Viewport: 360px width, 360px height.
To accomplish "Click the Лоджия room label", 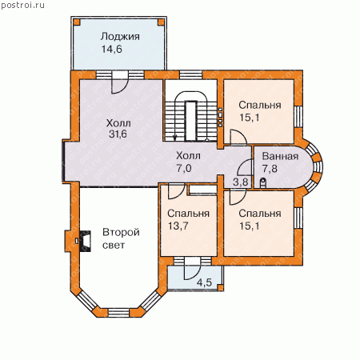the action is click(x=120, y=37).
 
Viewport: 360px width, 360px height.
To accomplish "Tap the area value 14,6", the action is click(x=112, y=49).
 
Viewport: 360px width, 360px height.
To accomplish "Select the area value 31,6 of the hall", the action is click(x=118, y=134).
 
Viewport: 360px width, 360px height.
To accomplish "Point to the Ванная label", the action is click(x=280, y=156).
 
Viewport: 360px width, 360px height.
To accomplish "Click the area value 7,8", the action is click(x=270, y=169).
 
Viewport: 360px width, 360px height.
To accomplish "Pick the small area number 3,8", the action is click(x=241, y=182).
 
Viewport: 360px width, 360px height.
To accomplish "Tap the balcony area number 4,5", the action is click(x=204, y=282).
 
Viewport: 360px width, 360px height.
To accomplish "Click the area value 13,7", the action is click(x=178, y=226).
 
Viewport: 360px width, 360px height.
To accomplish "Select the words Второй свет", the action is click(x=121, y=238).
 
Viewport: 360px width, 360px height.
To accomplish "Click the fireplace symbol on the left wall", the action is click(x=85, y=241).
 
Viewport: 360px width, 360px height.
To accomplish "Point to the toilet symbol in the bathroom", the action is click(x=263, y=182).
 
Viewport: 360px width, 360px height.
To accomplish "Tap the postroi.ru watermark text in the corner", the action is click(x=22, y=5).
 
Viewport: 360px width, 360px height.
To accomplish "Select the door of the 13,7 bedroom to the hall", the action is click(x=176, y=191).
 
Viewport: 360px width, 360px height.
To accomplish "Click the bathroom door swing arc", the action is click(x=245, y=166).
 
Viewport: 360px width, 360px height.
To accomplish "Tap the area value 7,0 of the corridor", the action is click(x=184, y=168).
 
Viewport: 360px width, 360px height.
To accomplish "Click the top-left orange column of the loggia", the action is click(x=77, y=22).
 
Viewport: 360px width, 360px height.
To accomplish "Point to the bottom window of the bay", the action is click(x=119, y=312).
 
